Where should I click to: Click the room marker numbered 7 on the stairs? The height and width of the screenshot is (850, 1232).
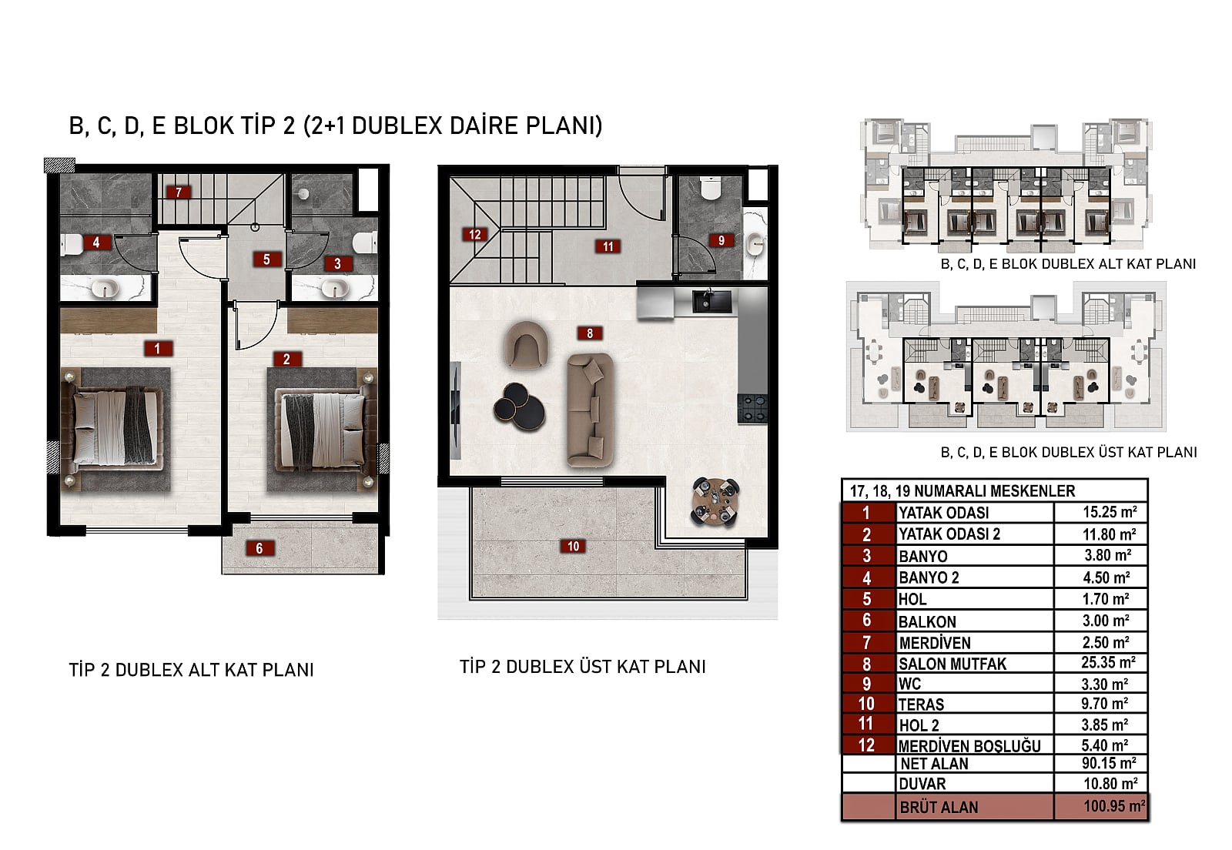(x=178, y=192)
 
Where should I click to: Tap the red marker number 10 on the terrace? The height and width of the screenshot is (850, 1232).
(x=573, y=546)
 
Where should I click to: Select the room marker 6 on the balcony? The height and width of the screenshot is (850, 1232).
(x=259, y=548)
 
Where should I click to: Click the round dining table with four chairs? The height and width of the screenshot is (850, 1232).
(x=715, y=501)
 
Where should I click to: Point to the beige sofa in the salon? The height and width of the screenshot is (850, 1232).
(x=591, y=410)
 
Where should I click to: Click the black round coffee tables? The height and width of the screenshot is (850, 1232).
(x=519, y=407)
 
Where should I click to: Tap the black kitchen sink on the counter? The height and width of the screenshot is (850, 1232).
(x=711, y=301)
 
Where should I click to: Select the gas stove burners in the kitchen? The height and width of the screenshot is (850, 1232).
(x=752, y=409)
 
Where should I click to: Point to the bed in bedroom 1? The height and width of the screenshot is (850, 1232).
(x=115, y=428)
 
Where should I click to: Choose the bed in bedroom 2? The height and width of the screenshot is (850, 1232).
(x=323, y=430)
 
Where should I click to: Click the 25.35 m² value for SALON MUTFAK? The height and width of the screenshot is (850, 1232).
(x=1108, y=663)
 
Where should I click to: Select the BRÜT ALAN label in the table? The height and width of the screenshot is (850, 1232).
(x=939, y=807)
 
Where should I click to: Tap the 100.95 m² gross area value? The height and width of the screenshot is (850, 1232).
(x=1114, y=806)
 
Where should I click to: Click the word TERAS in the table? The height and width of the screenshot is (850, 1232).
(x=921, y=704)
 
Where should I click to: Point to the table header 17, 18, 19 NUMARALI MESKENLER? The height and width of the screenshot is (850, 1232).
(x=962, y=491)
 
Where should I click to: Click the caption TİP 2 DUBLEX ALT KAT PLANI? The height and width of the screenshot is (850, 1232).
(x=192, y=670)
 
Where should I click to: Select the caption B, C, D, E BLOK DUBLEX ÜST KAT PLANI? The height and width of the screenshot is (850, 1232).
(x=1069, y=452)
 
